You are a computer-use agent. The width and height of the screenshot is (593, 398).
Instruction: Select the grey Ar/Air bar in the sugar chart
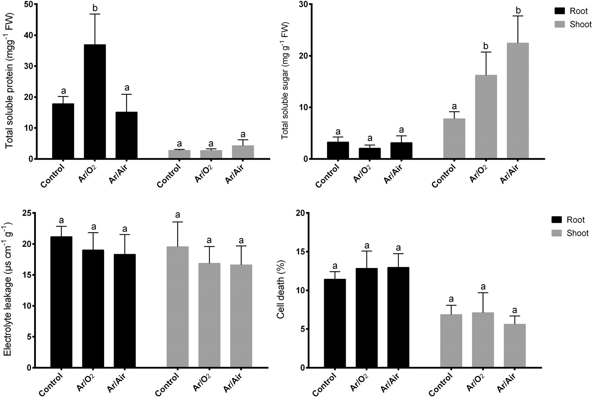(518, 101)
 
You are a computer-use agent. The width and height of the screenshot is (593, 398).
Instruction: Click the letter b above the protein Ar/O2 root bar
(95, 7)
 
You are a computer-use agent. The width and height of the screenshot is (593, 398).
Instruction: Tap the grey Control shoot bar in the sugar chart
(454, 139)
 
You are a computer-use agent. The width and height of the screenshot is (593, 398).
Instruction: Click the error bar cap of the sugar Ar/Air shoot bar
(518, 16)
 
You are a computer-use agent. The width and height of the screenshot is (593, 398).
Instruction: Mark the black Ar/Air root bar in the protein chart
(127, 135)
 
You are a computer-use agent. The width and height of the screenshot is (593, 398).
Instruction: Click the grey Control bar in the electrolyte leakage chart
(178, 307)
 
